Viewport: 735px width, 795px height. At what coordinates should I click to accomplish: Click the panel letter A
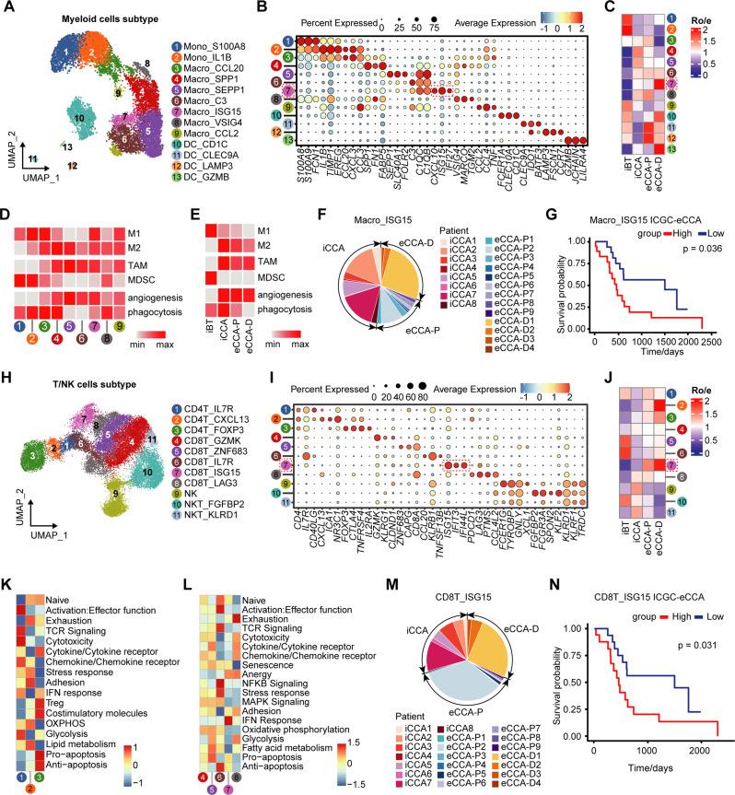click(8, 8)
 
